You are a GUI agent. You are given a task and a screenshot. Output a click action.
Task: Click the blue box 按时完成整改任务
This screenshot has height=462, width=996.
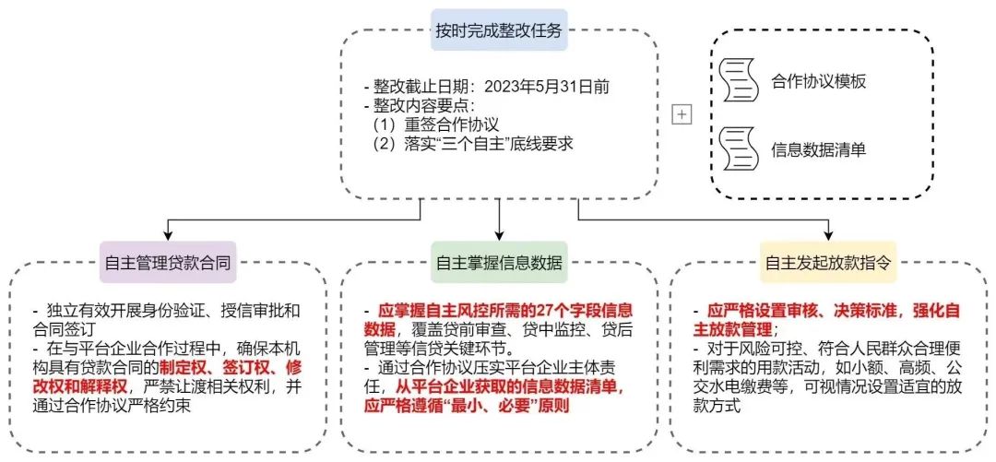pos(499,30)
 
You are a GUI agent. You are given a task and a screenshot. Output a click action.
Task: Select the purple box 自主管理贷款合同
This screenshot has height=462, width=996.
pos(169,262)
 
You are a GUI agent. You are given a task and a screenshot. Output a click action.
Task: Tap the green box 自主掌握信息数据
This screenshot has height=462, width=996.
pos(499,262)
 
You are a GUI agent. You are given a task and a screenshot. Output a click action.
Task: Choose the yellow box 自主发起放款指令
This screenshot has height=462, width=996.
pos(828,262)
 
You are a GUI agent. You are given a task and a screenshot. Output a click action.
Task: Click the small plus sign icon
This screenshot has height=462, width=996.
pos(682,114)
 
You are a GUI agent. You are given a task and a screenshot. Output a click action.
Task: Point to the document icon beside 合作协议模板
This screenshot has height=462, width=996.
pos(737,80)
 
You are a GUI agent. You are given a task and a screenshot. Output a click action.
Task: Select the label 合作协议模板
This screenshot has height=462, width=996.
pos(817,82)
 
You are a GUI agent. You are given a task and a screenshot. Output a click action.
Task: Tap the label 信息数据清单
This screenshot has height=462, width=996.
pos(817,150)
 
